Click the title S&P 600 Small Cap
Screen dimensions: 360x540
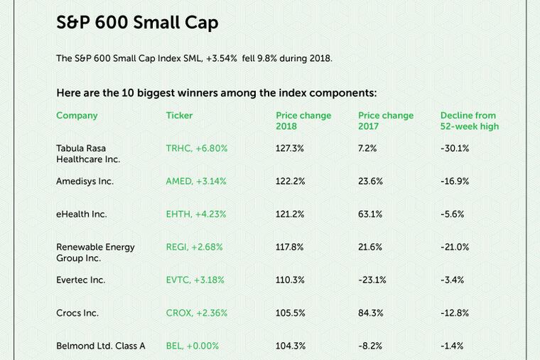(137, 23)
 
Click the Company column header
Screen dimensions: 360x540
(77, 116)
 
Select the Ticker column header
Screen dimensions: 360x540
(179, 116)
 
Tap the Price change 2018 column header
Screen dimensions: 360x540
(303, 121)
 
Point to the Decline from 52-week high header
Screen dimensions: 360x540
(469, 121)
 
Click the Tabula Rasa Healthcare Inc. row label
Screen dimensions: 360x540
(88, 154)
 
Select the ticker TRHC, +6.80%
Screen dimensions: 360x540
(196, 148)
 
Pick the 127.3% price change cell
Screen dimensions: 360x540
(290, 148)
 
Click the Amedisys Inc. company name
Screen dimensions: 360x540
(85, 181)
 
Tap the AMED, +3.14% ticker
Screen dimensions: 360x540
(196, 181)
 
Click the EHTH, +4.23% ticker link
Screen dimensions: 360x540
(196, 214)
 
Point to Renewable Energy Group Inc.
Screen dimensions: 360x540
(95, 252)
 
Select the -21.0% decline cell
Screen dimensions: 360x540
(455, 247)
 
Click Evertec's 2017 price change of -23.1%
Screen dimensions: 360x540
(372, 280)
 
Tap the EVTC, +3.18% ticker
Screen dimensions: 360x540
(195, 280)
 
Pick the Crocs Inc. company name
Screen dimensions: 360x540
(77, 312)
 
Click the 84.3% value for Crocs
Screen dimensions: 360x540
(370, 312)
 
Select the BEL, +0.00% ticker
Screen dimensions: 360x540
(192, 346)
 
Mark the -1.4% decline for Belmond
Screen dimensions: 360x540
(452, 346)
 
